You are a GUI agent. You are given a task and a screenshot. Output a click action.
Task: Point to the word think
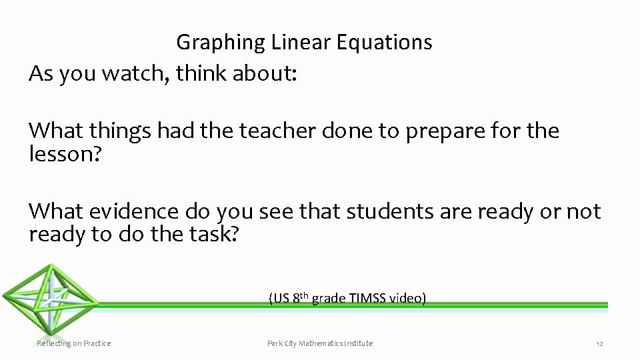(201, 74)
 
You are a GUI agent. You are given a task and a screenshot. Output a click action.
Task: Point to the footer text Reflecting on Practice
(73, 343)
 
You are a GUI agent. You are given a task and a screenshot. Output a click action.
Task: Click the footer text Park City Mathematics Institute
(320, 343)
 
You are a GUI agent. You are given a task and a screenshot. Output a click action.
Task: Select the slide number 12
(599, 344)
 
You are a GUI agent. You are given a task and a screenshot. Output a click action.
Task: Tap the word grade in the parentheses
(330, 299)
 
